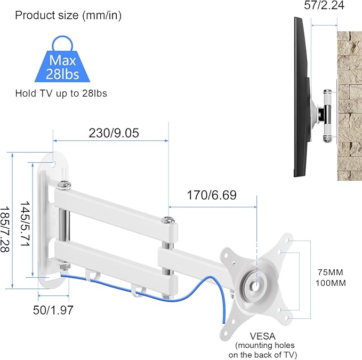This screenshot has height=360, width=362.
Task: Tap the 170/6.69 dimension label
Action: click(x=211, y=195)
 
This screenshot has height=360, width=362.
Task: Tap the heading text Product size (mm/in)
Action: click(x=68, y=15)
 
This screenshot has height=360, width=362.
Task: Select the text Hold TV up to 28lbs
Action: click(x=61, y=93)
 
